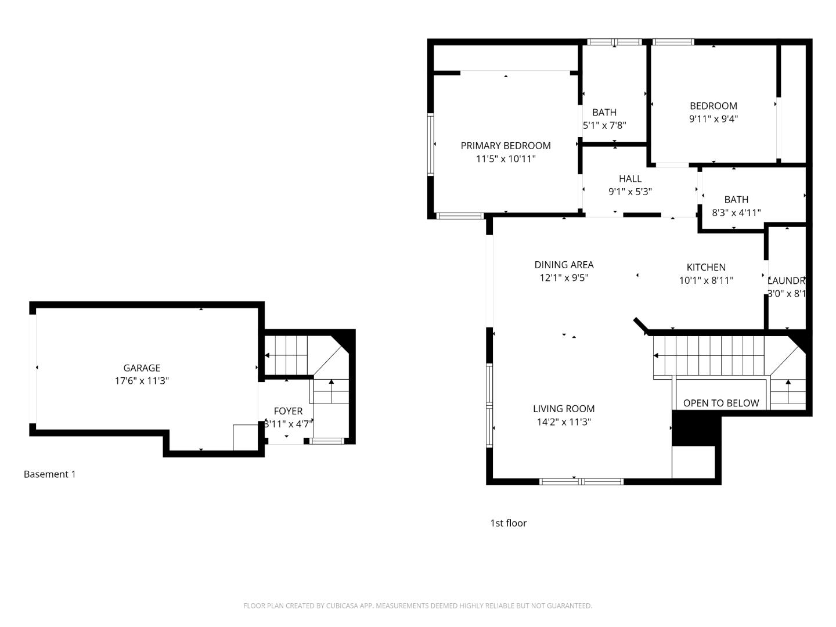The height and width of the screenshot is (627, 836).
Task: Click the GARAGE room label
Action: (x=142, y=368)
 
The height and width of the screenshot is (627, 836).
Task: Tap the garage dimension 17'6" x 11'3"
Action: (x=142, y=381)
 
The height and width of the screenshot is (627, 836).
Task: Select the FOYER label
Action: (x=288, y=411)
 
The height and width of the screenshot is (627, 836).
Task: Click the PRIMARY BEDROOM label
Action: (x=506, y=146)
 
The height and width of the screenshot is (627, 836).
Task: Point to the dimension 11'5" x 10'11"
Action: (x=506, y=158)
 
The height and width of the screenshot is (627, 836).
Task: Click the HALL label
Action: (x=630, y=179)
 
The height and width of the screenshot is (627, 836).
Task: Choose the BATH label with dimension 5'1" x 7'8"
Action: (x=604, y=113)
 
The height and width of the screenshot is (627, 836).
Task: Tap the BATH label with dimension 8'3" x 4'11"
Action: (x=736, y=200)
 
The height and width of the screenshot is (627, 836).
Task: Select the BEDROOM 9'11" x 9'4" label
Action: (x=714, y=106)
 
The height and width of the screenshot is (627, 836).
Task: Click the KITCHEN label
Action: (x=706, y=268)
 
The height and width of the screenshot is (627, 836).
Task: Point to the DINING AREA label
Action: (x=564, y=265)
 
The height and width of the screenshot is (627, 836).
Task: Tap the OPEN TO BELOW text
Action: (x=721, y=403)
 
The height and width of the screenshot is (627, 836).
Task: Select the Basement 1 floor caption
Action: (x=49, y=474)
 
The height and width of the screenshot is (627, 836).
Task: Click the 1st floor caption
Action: (x=508, y=523)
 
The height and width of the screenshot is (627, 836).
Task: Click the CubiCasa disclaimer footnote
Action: (x=417, y=606)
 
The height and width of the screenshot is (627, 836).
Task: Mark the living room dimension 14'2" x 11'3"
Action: (x=564, y=422)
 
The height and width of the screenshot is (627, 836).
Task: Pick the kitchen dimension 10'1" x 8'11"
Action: (x=706, y=280)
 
